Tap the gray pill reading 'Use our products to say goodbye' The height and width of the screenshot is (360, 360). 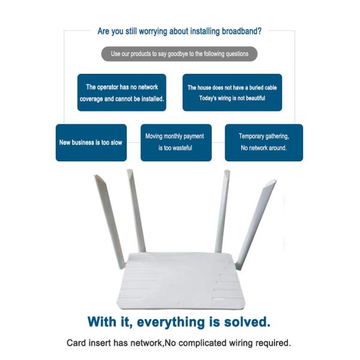click(x=180, y=54)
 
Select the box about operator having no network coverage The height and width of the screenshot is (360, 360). click(x=122, y=92)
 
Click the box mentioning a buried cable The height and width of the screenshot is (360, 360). click(x=232, y=92)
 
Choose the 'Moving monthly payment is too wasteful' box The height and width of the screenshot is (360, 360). click(x=176, y=143)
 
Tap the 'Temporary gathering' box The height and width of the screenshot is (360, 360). click(x=263, y=143)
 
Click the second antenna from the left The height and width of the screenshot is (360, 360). click(x=136, y=210)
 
